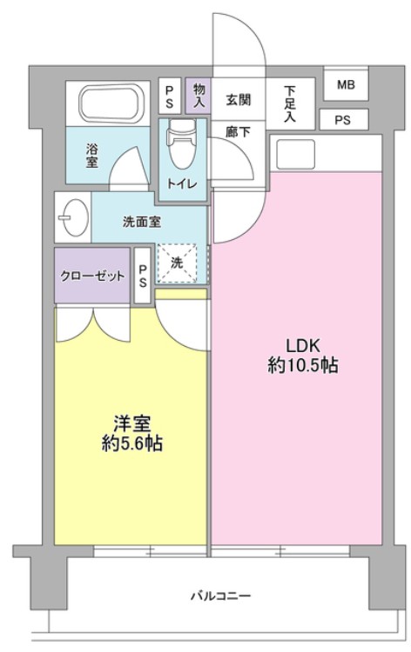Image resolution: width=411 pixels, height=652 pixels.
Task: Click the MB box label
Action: [x=346, y=85]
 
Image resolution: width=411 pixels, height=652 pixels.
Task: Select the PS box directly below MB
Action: [x=341, y=120]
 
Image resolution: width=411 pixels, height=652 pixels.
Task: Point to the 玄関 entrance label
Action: [x=238, y=99]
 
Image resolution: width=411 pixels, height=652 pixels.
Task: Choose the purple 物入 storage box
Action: [x=199, y=95]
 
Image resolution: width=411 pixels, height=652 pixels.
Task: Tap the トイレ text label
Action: [x=181, y=183]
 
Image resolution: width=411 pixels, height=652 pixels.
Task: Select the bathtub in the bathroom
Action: [x=114, y=104]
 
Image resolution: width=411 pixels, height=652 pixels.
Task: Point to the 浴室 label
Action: [x=91, y=155]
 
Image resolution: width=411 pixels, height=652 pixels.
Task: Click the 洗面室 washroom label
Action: [x=141, y=221]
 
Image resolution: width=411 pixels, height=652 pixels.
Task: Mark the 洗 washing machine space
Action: [x=177, y=263]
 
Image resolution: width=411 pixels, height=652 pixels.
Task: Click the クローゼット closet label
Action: [x=91, y=275]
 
